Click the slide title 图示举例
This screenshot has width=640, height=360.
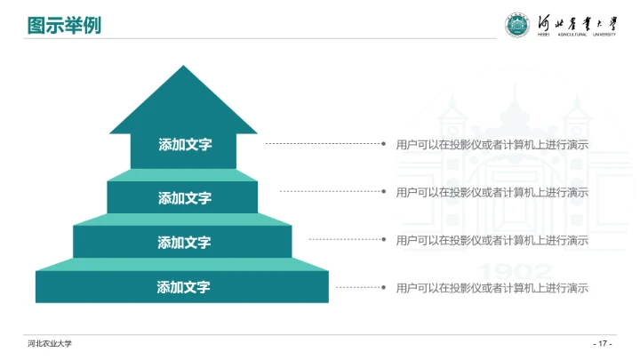point(64,26)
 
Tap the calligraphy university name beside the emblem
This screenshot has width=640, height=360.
point(577,24)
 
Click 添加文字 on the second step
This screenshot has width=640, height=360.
point(184,198)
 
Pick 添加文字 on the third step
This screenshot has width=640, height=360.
point(184,243)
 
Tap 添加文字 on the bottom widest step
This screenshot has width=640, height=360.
point(184,287)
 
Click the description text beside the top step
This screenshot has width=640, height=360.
point(492,144)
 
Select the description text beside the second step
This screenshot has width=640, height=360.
point(492,192)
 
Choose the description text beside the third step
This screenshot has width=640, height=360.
point(492,240)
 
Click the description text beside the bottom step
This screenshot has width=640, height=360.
point(492,288)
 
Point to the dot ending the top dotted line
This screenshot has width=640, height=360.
point(383,143)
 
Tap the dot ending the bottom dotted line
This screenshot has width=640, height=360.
point(383,288)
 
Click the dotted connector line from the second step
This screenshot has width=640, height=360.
point(329,191)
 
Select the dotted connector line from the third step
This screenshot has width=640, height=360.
point(344,239)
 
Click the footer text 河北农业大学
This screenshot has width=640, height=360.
point(49,344)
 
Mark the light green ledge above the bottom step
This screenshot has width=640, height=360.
point(182,264)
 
